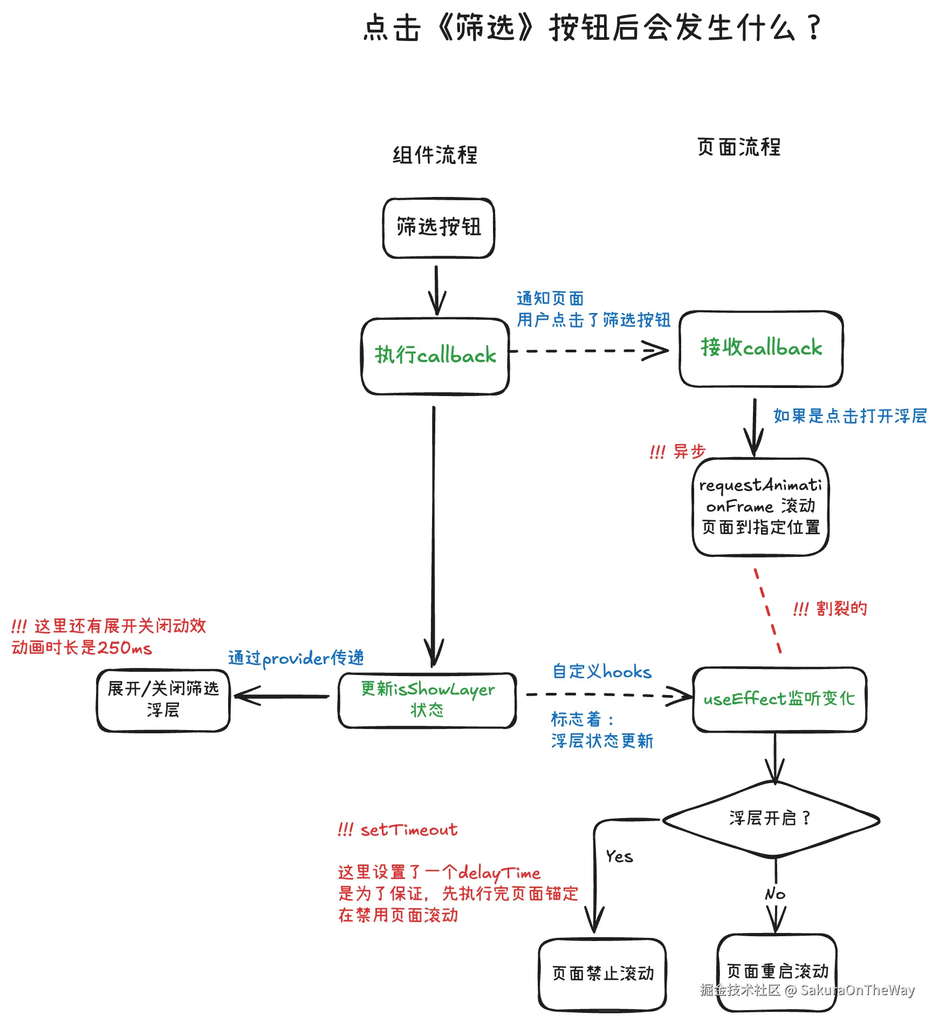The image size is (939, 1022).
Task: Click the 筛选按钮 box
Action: [x=438, y=228]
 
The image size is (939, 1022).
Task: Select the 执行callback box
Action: [x=435, y=356]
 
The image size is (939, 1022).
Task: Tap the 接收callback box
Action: [x=761, y=348]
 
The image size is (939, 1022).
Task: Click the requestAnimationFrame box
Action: [x=760, y=506]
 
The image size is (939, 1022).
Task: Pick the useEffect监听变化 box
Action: [x=779, y=699]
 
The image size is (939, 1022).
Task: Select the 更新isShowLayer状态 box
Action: [x=427, y=700]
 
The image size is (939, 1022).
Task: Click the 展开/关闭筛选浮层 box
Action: [x=163, y=700]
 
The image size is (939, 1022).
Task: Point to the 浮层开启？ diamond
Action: [x=770, y=819]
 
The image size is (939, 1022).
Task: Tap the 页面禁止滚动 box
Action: [x=602, y=973]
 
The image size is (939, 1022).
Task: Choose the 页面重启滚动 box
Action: [x=777, y=971]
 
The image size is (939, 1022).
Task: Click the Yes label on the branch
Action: [x=619, y=856]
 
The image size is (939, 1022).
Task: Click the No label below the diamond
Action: [x=775, y=894]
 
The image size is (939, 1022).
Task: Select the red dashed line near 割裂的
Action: [x=768, y=611]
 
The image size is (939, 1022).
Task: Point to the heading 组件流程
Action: [x=435, y=155]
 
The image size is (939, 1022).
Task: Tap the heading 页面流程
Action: [x=738, y=147]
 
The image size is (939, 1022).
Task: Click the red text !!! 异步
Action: [x=678, y=451]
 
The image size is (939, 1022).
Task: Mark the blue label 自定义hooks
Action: [x=602, y=672]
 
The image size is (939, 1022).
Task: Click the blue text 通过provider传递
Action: [x=296, y=658]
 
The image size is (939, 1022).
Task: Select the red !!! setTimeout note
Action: [x=398, y=829]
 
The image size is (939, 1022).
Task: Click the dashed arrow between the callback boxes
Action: [x=588, y=351]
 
